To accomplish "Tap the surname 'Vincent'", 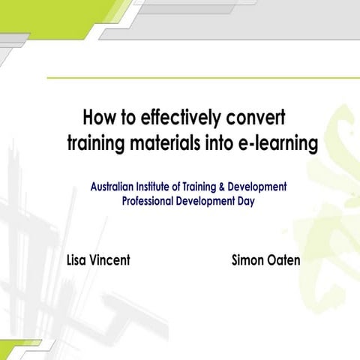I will click(111, 260).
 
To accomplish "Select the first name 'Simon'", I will click(248, 260).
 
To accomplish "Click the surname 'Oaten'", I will click(285, 260).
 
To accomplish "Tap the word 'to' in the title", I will click(130, 118).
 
